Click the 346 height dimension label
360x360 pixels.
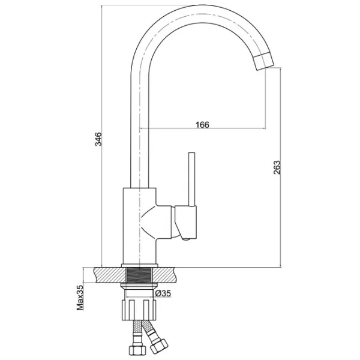click(x=98, y=139)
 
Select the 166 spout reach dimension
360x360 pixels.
click(x=202, y=125)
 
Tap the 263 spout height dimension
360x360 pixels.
click(x=277, y=167)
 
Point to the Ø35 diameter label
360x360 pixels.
click(x=163, y=293)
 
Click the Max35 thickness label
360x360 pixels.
click(x=80, y=298)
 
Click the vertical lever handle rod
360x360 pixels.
click(x=191, y=179)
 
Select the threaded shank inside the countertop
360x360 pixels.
click(x=140, y=275)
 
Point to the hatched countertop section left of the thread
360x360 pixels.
click(x=110, y=275)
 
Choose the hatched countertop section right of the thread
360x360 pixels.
click(x=166, y=275)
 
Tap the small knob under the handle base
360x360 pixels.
click(x=186, y=239)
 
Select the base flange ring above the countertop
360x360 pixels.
click(x=140, y=265)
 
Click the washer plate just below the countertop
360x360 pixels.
click(x=139, y=285)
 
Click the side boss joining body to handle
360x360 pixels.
click(x=164, y=222)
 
